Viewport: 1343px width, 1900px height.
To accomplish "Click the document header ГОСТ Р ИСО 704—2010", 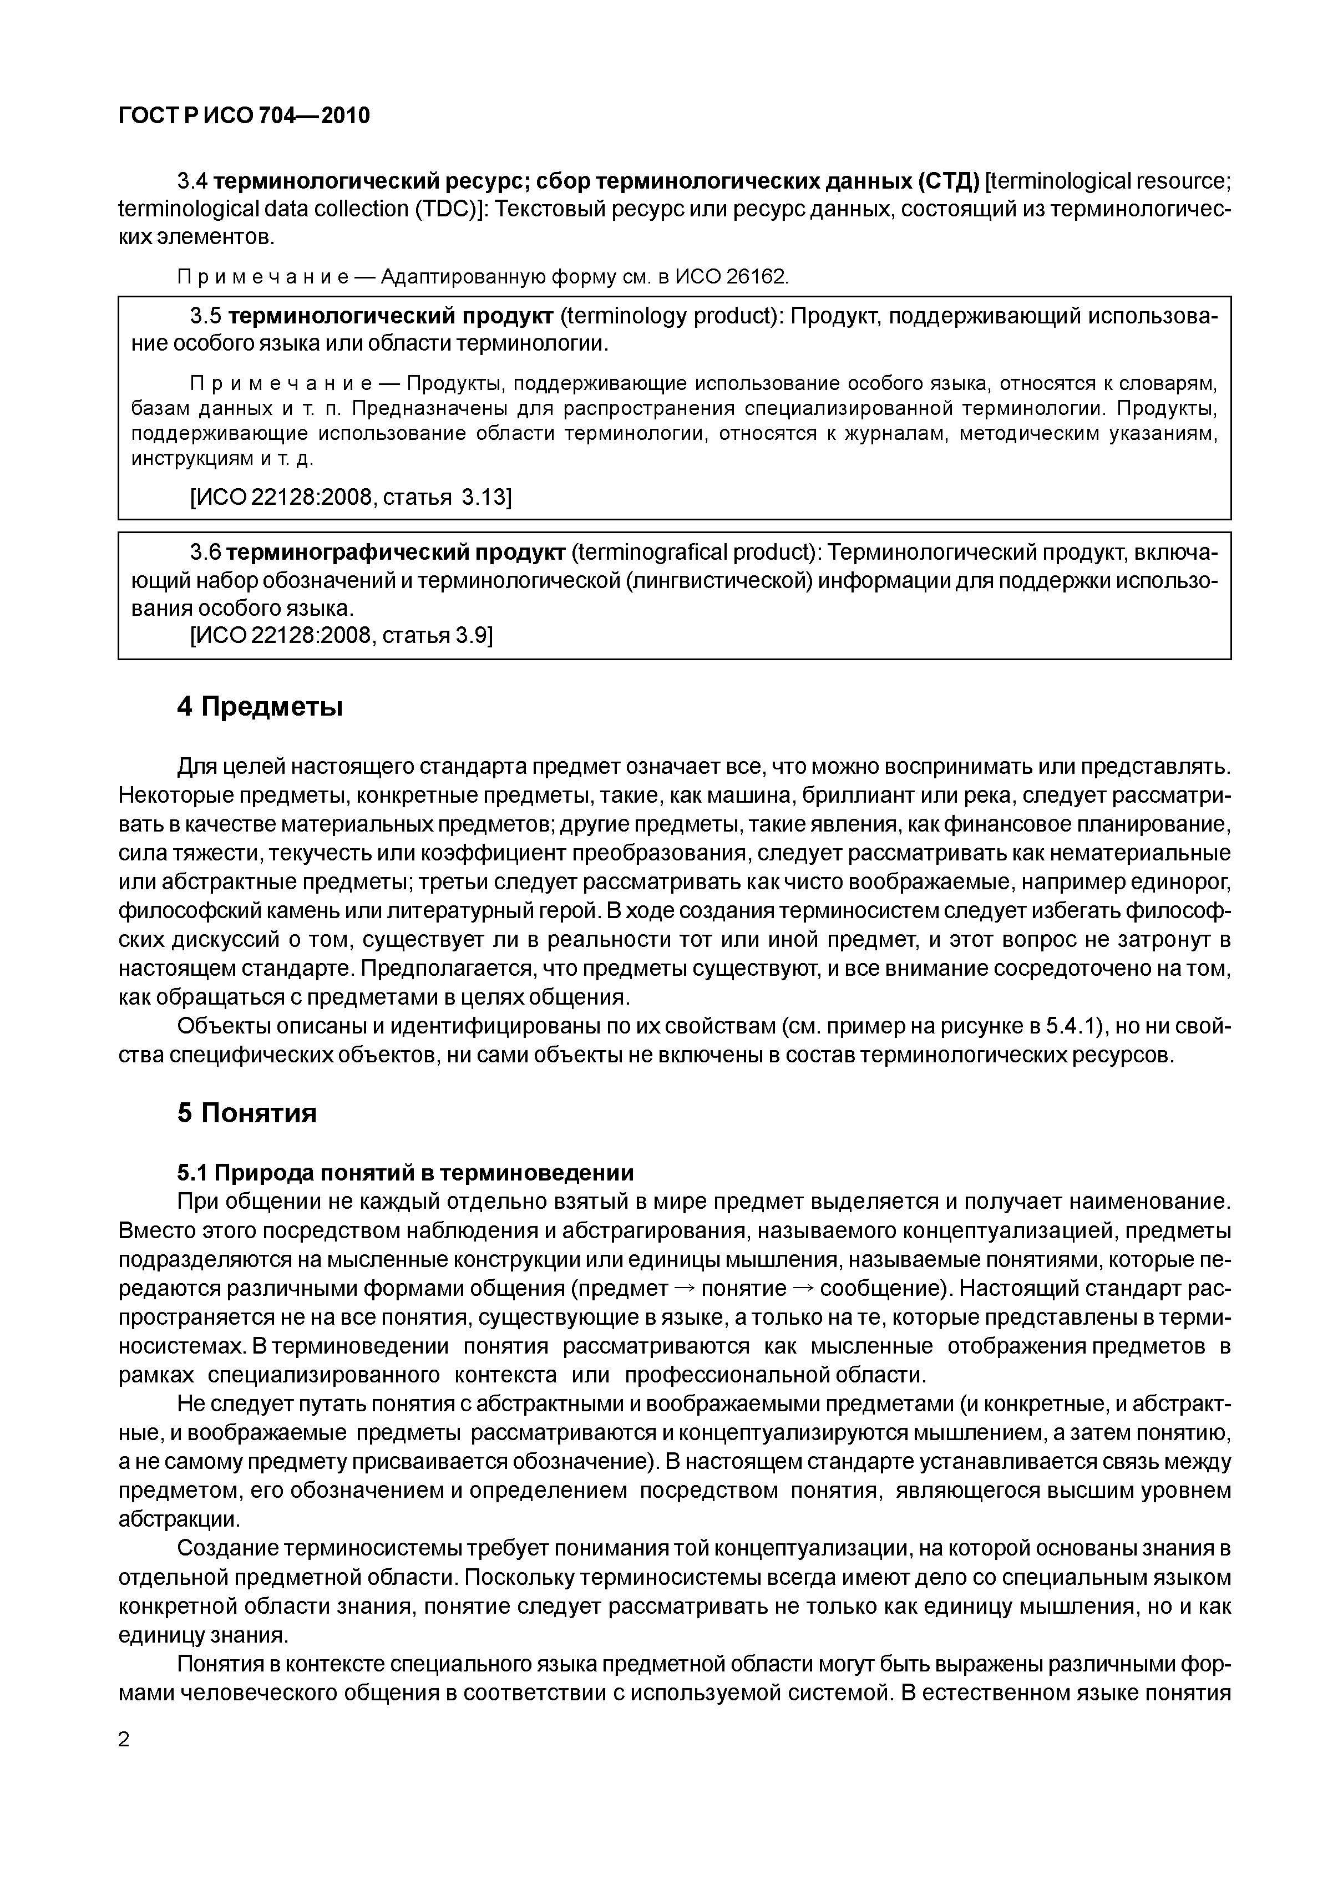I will coord(244,116).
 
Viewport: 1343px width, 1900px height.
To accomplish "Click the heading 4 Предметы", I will coord(260,707).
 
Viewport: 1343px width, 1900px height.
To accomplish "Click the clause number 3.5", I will coord(206,316).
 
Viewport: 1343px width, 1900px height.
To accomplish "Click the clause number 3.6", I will coord(206,552).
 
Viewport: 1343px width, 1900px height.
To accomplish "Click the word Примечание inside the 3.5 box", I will coord(282,383).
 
